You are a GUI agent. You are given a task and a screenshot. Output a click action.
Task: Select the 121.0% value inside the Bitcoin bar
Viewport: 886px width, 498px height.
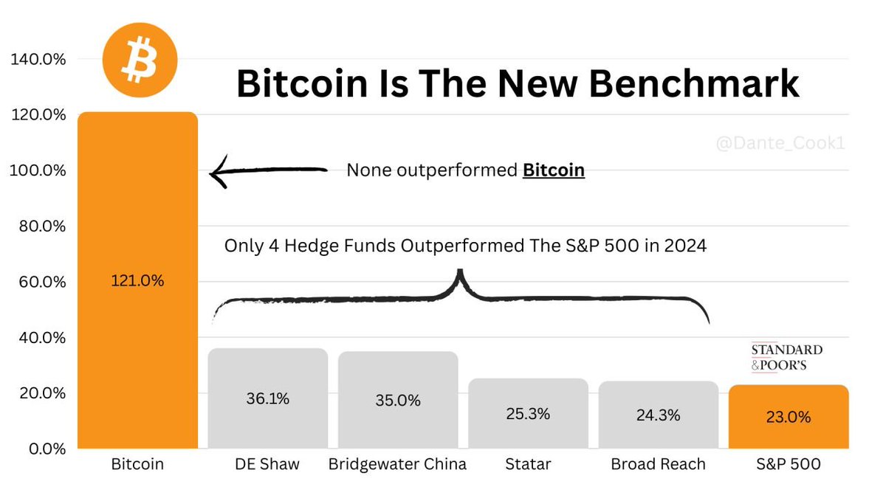tap(137, 281)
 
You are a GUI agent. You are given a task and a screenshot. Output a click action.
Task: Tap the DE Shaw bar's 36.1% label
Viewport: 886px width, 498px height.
tap(267, 398)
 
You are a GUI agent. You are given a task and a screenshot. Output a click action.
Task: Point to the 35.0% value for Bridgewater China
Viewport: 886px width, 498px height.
tap(398, 401)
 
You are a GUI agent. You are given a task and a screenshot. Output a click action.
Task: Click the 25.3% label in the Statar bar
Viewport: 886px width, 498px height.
tap(528, 414)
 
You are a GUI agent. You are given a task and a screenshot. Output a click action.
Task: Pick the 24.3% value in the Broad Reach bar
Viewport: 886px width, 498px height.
tap(658, 415)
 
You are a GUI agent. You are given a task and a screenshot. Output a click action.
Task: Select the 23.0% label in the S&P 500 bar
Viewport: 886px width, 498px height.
tap(788, 417)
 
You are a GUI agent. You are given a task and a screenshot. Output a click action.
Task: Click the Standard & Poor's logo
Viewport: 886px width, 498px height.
tap(786, 357)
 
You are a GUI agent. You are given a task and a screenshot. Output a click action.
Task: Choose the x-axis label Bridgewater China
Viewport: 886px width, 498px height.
tap(398, 465)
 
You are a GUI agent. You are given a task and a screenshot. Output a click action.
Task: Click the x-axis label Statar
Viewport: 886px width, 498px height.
tap(528, 465)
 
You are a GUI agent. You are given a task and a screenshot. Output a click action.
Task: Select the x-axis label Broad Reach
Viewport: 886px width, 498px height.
tap(658, 465)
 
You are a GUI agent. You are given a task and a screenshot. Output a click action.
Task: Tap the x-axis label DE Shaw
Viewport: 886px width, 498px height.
tap(267, 465)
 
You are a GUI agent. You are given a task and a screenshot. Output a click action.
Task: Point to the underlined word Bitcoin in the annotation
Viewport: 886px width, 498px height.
tap(553, 171)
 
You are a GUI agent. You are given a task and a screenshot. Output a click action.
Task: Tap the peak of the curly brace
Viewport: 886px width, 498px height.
tap(460, 272)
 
